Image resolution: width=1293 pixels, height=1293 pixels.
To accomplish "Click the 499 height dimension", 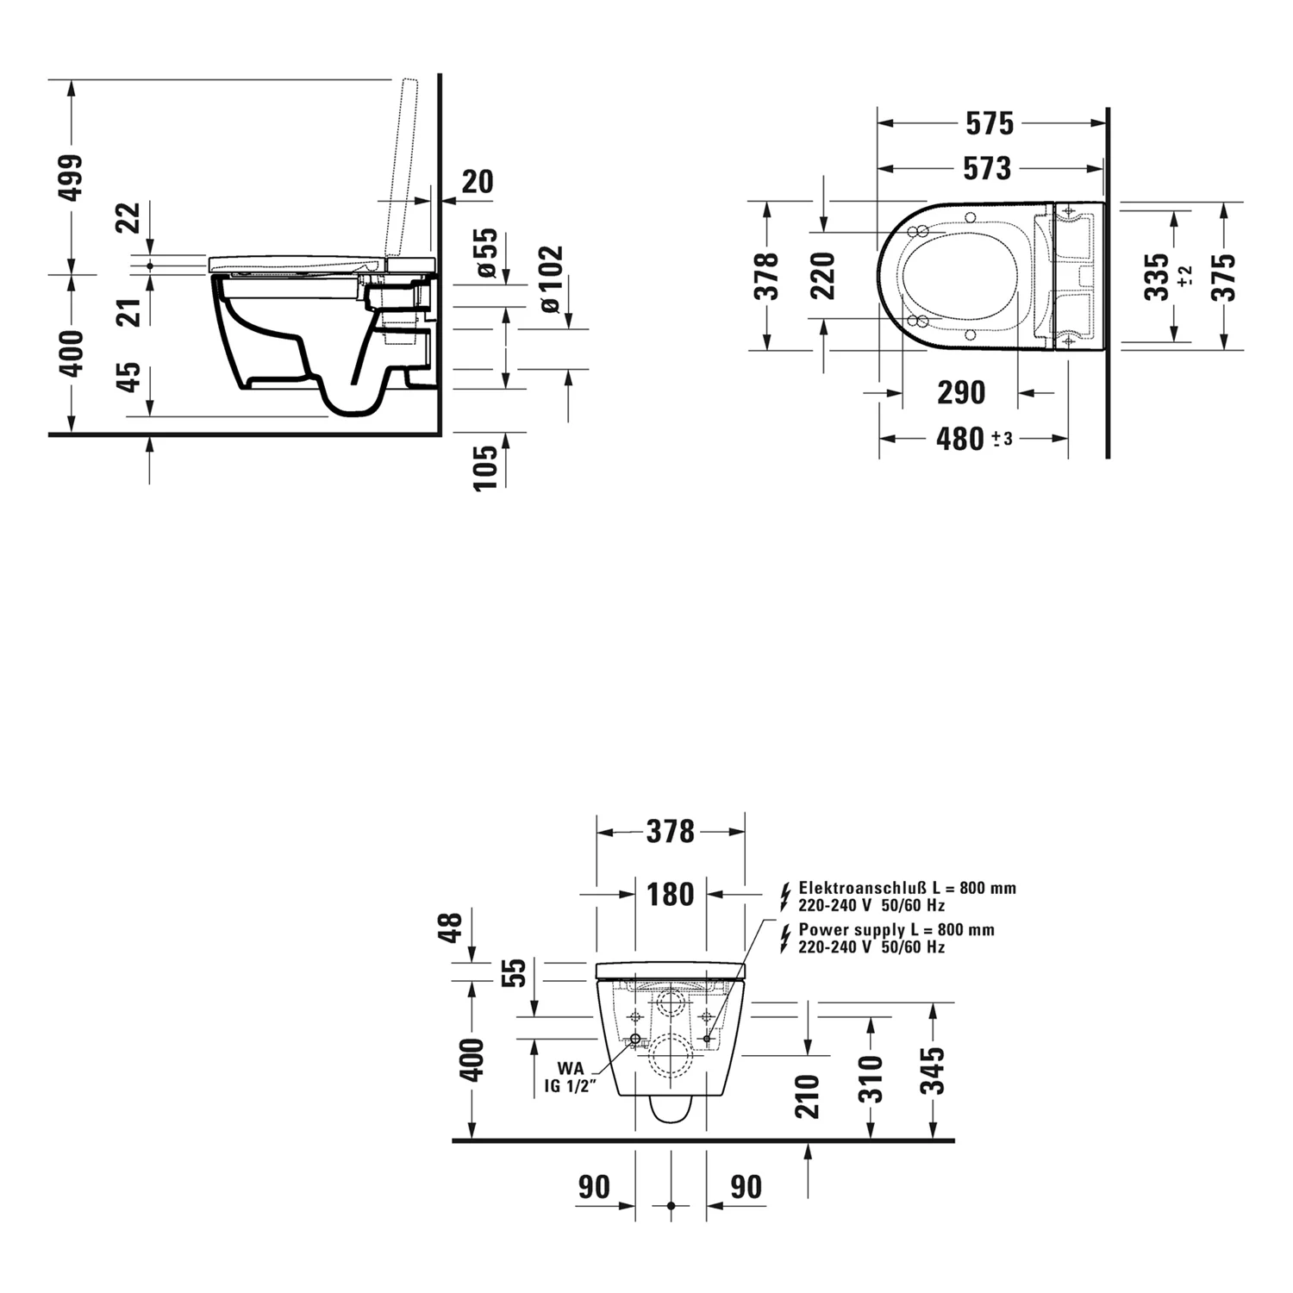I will pos(73,178).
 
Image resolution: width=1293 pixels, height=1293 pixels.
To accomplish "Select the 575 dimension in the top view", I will pos(990,124).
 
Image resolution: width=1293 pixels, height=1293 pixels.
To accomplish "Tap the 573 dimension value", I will pos(988,168).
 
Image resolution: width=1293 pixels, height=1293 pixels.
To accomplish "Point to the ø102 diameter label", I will pos(550,279).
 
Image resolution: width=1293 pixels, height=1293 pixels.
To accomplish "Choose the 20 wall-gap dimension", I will pos(478,182).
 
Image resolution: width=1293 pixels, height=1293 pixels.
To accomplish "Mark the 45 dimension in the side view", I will pos(128,377).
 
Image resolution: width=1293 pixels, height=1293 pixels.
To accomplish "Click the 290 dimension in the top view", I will pos(960,393).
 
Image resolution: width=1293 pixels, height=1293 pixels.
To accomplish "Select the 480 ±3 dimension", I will pos(973,439).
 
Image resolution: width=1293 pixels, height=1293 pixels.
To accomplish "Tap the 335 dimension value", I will pos(1156,276).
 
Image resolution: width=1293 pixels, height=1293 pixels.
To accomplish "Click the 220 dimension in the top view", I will pos(824,276).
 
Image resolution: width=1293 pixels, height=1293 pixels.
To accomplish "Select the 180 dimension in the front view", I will pos(670,894).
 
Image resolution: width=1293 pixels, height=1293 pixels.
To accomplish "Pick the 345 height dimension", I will pos(933,1071).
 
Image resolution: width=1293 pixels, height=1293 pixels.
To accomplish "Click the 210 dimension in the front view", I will pos(808,1096).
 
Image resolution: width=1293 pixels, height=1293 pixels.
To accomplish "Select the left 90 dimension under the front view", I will pos(594,1187).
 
